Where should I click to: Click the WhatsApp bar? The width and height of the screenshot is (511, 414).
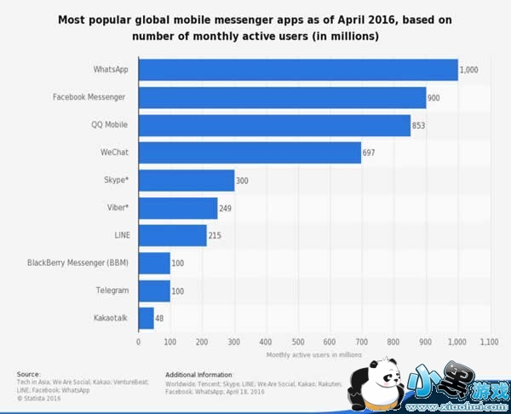pyautogui.click(x=298, y=70)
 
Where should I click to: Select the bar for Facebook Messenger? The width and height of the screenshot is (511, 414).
pyautogui.click(x=282, y=98)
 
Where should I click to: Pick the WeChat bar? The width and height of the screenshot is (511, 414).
pyautogui.click(x=250, y=153)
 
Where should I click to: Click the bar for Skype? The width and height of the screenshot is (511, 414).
pyautogui.click(x=187, y=181)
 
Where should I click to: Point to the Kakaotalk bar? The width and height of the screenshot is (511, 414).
pyautogui.click(x=146, y=319)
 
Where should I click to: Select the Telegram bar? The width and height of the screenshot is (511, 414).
pyautogui.click(x=154, y=290)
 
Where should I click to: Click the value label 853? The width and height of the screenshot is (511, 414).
pyautogui.click(x=418, y=126)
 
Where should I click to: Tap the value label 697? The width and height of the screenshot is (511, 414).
pyautogui.click(x=369, y=153)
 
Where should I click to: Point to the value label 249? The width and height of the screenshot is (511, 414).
pyautogui.click(x=226, y=209)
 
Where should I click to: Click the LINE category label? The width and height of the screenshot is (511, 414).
pyautogui.click(x=119, y=235)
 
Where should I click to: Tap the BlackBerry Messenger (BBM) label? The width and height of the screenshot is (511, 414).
pyautogui.click(x=78, y=263)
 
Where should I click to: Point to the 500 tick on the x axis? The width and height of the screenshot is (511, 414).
pyautogui.click(x=297, y=342)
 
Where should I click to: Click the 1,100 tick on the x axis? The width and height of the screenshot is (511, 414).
pyautogui.click(x=489, y=342)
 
